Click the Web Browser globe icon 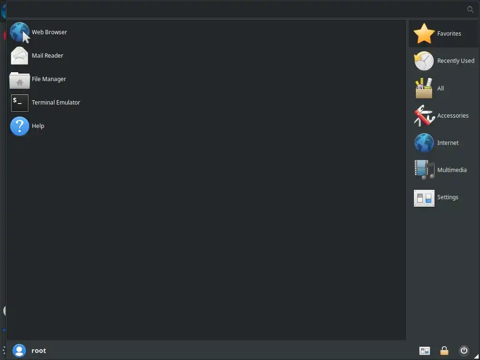[19, 32]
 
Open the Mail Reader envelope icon [19, 56]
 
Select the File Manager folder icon [19, 80]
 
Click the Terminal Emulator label [56, 102]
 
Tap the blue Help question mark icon [19, 126]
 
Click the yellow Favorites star [424, 34]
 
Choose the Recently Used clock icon [424, 61]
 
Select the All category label [441, 88]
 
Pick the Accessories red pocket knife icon [424, 116]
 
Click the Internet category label [448, 142]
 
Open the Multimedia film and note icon [424, 170]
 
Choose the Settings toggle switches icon [424, 197]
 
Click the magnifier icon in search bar [471, 9]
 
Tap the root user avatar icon [19, 351]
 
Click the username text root [38, 351]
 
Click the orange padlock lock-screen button [444, 351]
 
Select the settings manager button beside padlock [425, 351]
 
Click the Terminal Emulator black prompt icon [19, 103]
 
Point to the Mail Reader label [47, 55]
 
